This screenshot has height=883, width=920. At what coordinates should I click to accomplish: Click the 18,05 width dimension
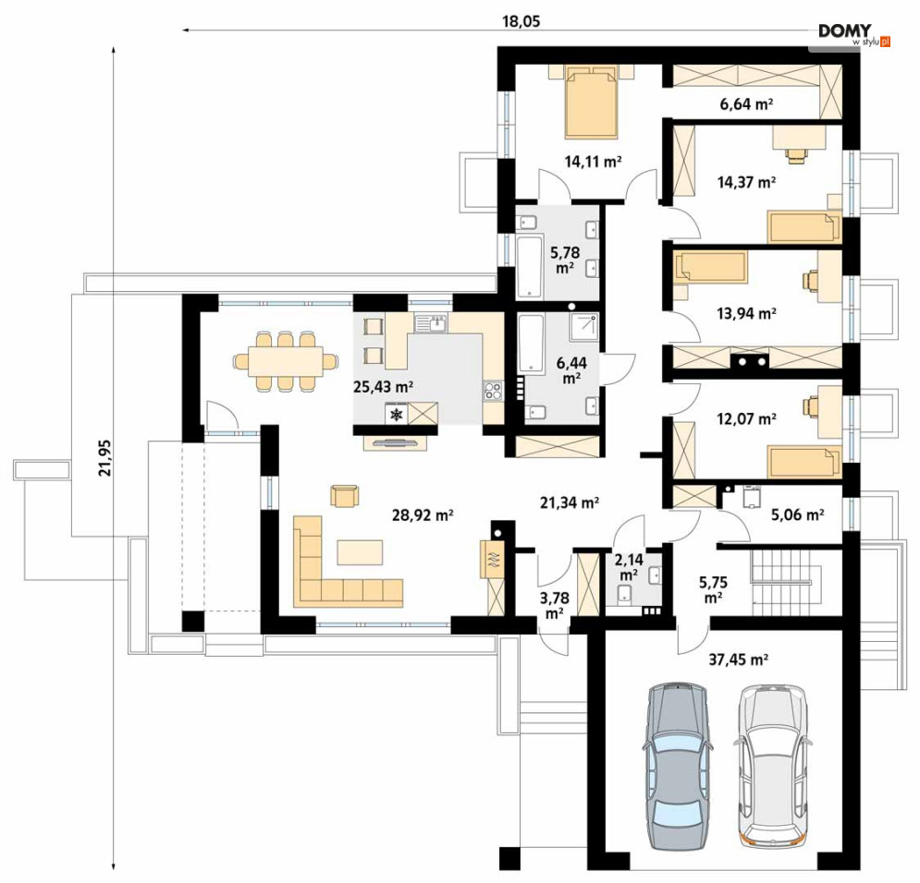pos(521,21)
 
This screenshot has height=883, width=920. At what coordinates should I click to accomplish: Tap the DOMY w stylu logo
pos(854,34)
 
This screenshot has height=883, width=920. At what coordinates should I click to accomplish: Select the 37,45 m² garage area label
pos(739,659)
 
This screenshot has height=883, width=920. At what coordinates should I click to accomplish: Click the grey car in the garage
pos(678,767)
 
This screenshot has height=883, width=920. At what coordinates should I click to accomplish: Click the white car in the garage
pos(773,767)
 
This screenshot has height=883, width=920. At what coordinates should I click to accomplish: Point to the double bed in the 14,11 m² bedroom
pos(592,103)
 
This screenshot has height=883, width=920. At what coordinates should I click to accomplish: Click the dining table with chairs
pos(286,361)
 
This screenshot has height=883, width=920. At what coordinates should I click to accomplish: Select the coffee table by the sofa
pos(360,552)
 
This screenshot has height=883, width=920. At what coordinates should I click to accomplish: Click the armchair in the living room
pos(344,495)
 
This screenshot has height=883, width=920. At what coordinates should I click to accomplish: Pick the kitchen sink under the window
pos(431,323)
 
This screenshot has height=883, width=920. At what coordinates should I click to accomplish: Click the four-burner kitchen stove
pos(493,391)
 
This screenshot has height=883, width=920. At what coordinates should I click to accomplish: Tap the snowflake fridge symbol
pos(398,415)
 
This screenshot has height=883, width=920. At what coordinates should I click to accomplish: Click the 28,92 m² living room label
pos(423,515)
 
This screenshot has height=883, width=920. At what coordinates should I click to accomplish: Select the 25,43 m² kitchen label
pos(384,387)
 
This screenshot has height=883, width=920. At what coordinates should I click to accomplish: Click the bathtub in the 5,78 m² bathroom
pos(531,267)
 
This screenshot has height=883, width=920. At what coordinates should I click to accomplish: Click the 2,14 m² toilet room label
pos(629,566)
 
